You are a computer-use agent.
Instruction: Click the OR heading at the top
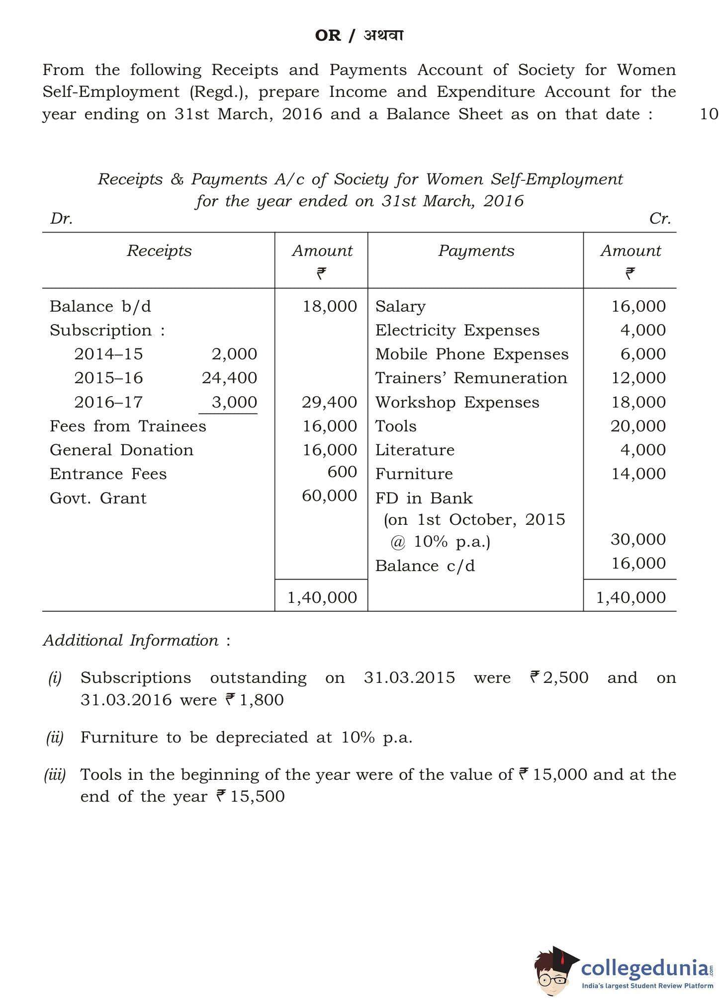coord(328,36)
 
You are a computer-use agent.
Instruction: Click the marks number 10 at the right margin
coord(709,114)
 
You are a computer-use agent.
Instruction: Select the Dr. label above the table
coord(61,219)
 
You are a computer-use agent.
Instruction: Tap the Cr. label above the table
coord(660,219)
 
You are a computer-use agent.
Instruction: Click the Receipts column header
coord(159,250)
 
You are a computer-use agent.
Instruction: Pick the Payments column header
coord(476,250)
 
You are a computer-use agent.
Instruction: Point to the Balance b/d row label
coord(100,306)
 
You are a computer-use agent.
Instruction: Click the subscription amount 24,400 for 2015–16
coord(229,378)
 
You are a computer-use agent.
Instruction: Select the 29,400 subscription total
coord(329,402)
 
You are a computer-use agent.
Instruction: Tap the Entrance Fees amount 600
coord(342,472)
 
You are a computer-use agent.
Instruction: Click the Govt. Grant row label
coord(98,498)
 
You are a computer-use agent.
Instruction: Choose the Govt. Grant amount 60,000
coord(329,496)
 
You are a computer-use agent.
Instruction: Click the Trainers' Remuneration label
coord(471,378)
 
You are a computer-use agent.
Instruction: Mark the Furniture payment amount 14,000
coord(638,474)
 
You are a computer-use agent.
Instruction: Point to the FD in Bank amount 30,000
coord(638,539)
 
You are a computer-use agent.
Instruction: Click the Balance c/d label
coord(425,566)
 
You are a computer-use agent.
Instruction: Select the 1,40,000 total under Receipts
coord(322,597)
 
